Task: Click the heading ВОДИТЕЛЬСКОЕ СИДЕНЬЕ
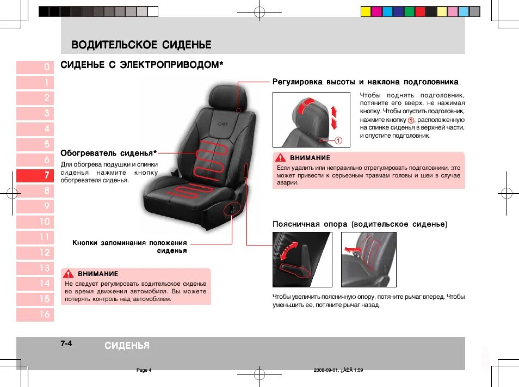141,45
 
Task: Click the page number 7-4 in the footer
66,343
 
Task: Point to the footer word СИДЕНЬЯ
127,346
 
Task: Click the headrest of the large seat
231,98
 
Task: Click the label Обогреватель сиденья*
109,152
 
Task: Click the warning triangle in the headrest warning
281,158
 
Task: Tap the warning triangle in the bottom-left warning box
69,274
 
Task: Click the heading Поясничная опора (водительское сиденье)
360,224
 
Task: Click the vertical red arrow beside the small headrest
335,115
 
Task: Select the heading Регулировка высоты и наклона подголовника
365,82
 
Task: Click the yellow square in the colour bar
366,11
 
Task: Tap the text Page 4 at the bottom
144,370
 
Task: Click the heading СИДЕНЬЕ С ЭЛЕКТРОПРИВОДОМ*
142,65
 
